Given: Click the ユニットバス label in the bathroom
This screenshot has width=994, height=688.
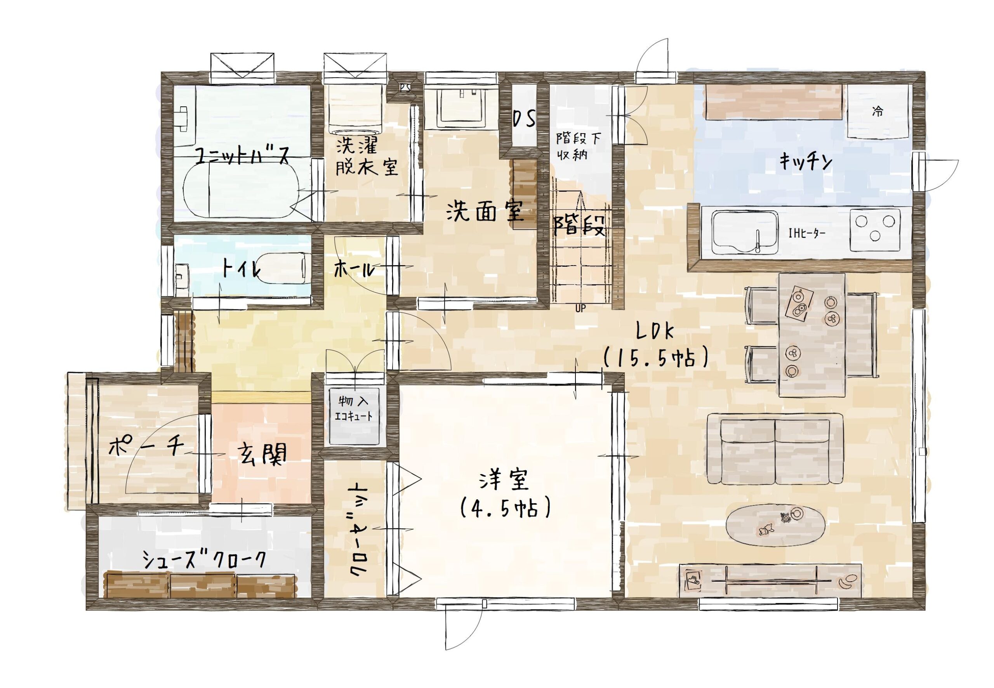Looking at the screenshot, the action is tap(242, 156).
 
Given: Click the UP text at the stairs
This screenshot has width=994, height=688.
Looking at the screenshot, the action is tap(580, 308).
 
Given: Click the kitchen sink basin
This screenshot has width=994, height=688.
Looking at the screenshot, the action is tap(745, 232).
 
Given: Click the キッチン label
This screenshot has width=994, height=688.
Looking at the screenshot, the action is tap(805, 163).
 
